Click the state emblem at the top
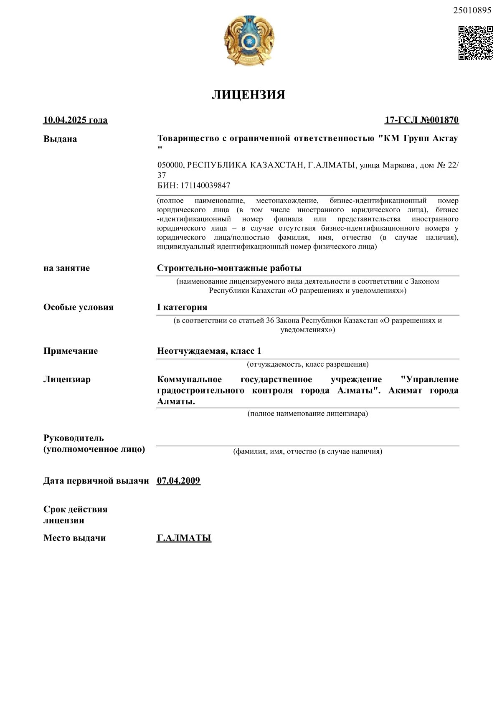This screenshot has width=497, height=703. point(248,40)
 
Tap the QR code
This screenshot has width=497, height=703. point(475,43)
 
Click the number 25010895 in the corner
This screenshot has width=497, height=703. point(472,11)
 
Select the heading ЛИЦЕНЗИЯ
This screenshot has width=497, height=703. point(248,95)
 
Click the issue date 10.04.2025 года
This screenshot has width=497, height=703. point(76,120)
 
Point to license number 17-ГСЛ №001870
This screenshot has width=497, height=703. point(421,120)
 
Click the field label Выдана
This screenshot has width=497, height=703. point(60,139)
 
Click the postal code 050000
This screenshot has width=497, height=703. point(170,165)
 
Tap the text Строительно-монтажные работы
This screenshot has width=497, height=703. point(229,268)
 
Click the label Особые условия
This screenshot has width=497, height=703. point(79,307)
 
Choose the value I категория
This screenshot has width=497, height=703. point(182,307)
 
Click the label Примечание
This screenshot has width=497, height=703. point(71,351)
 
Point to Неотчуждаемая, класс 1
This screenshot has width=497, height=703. point(209,351)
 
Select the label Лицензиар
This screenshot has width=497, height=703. point(67,380)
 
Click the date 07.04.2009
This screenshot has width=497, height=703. point(179,481)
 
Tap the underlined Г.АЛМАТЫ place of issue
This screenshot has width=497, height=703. point(184,538)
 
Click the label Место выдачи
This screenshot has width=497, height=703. point(75,538)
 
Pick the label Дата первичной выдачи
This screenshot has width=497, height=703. point(96,481)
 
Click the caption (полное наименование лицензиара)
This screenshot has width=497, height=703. point(308,414)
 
